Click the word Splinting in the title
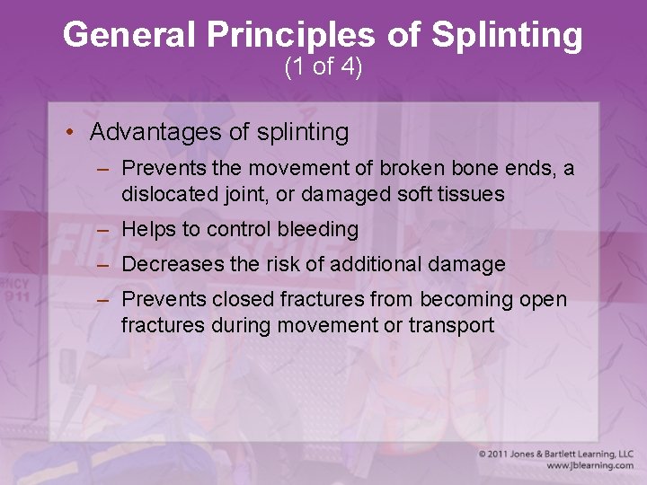click(x=508, y=36)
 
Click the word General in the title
click(x=132, y=36)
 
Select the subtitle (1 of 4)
click(x=323, y=67)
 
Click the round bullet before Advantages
click(x=69, y=133)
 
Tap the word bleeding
click(x=316, y=230)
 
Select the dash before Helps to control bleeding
click(x=104, y=230)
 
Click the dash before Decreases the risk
click(x=104, y=265)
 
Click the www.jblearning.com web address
click(x=589, y=466)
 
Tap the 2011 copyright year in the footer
click(x=502, y=454)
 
